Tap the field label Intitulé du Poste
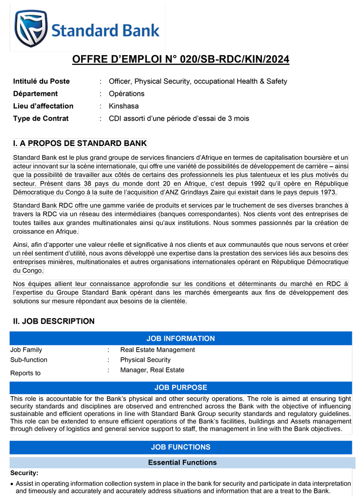[42, 81]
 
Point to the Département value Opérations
[127, 94]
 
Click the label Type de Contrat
[41, 119]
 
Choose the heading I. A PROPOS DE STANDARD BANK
[79, 143]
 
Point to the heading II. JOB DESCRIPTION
[54, 321]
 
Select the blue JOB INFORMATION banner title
[180, 338]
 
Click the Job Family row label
[26, 350]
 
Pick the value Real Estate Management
[157, 350]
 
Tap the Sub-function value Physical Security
[145, 360]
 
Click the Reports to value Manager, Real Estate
[152, 370]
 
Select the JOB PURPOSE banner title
[180, 388]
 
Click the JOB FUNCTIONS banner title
[180, 447]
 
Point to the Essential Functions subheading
[182, 463]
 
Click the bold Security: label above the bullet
[24, 473]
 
